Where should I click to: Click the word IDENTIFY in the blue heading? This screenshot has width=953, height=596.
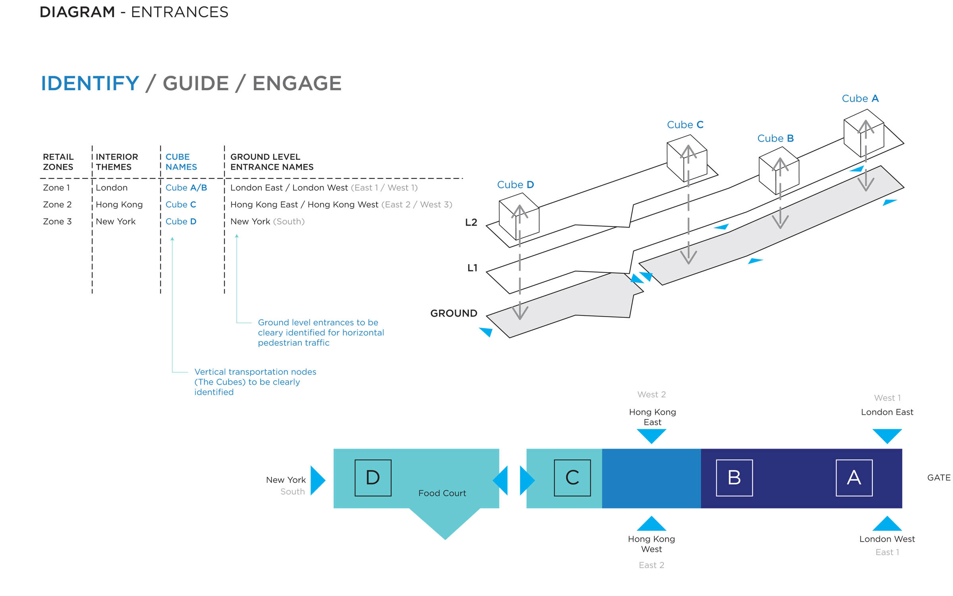click(x=90, y=83)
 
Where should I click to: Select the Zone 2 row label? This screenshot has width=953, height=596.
click(x=57, y=205)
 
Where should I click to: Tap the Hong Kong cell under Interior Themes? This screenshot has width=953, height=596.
click(x=119, y=205)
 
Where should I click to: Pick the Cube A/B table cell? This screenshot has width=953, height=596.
click(x=186, y=188)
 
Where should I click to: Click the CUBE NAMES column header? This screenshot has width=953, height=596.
click(x=181, y=162)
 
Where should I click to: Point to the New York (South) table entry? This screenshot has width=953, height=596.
click(x=267, y=221)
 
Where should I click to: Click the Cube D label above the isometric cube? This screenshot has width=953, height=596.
click(x=515, y=185)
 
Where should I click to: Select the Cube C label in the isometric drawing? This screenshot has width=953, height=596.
click(x=685, y=125)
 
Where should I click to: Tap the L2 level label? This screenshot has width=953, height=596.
click(x=471, y=223)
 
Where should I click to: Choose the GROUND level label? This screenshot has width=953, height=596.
click(x=454, y=313)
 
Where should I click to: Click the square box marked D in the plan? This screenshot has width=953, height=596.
click(x=373, y=478)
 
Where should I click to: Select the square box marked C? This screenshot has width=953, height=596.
click(x=572, y=478)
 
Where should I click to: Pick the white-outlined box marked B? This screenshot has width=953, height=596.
click(x=734, y=478)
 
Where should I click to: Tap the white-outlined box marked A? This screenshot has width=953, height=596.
click(x=854, y=478)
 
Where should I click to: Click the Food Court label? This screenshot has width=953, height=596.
click(x=442, y=493)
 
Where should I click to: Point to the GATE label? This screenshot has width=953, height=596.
click(x=939, y=478)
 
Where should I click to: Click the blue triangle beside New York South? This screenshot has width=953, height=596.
click(x=318, y=480)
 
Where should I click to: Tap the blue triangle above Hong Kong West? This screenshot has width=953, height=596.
click(x=652, y=523)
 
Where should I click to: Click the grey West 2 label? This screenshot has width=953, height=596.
click(x=652, y=395)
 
